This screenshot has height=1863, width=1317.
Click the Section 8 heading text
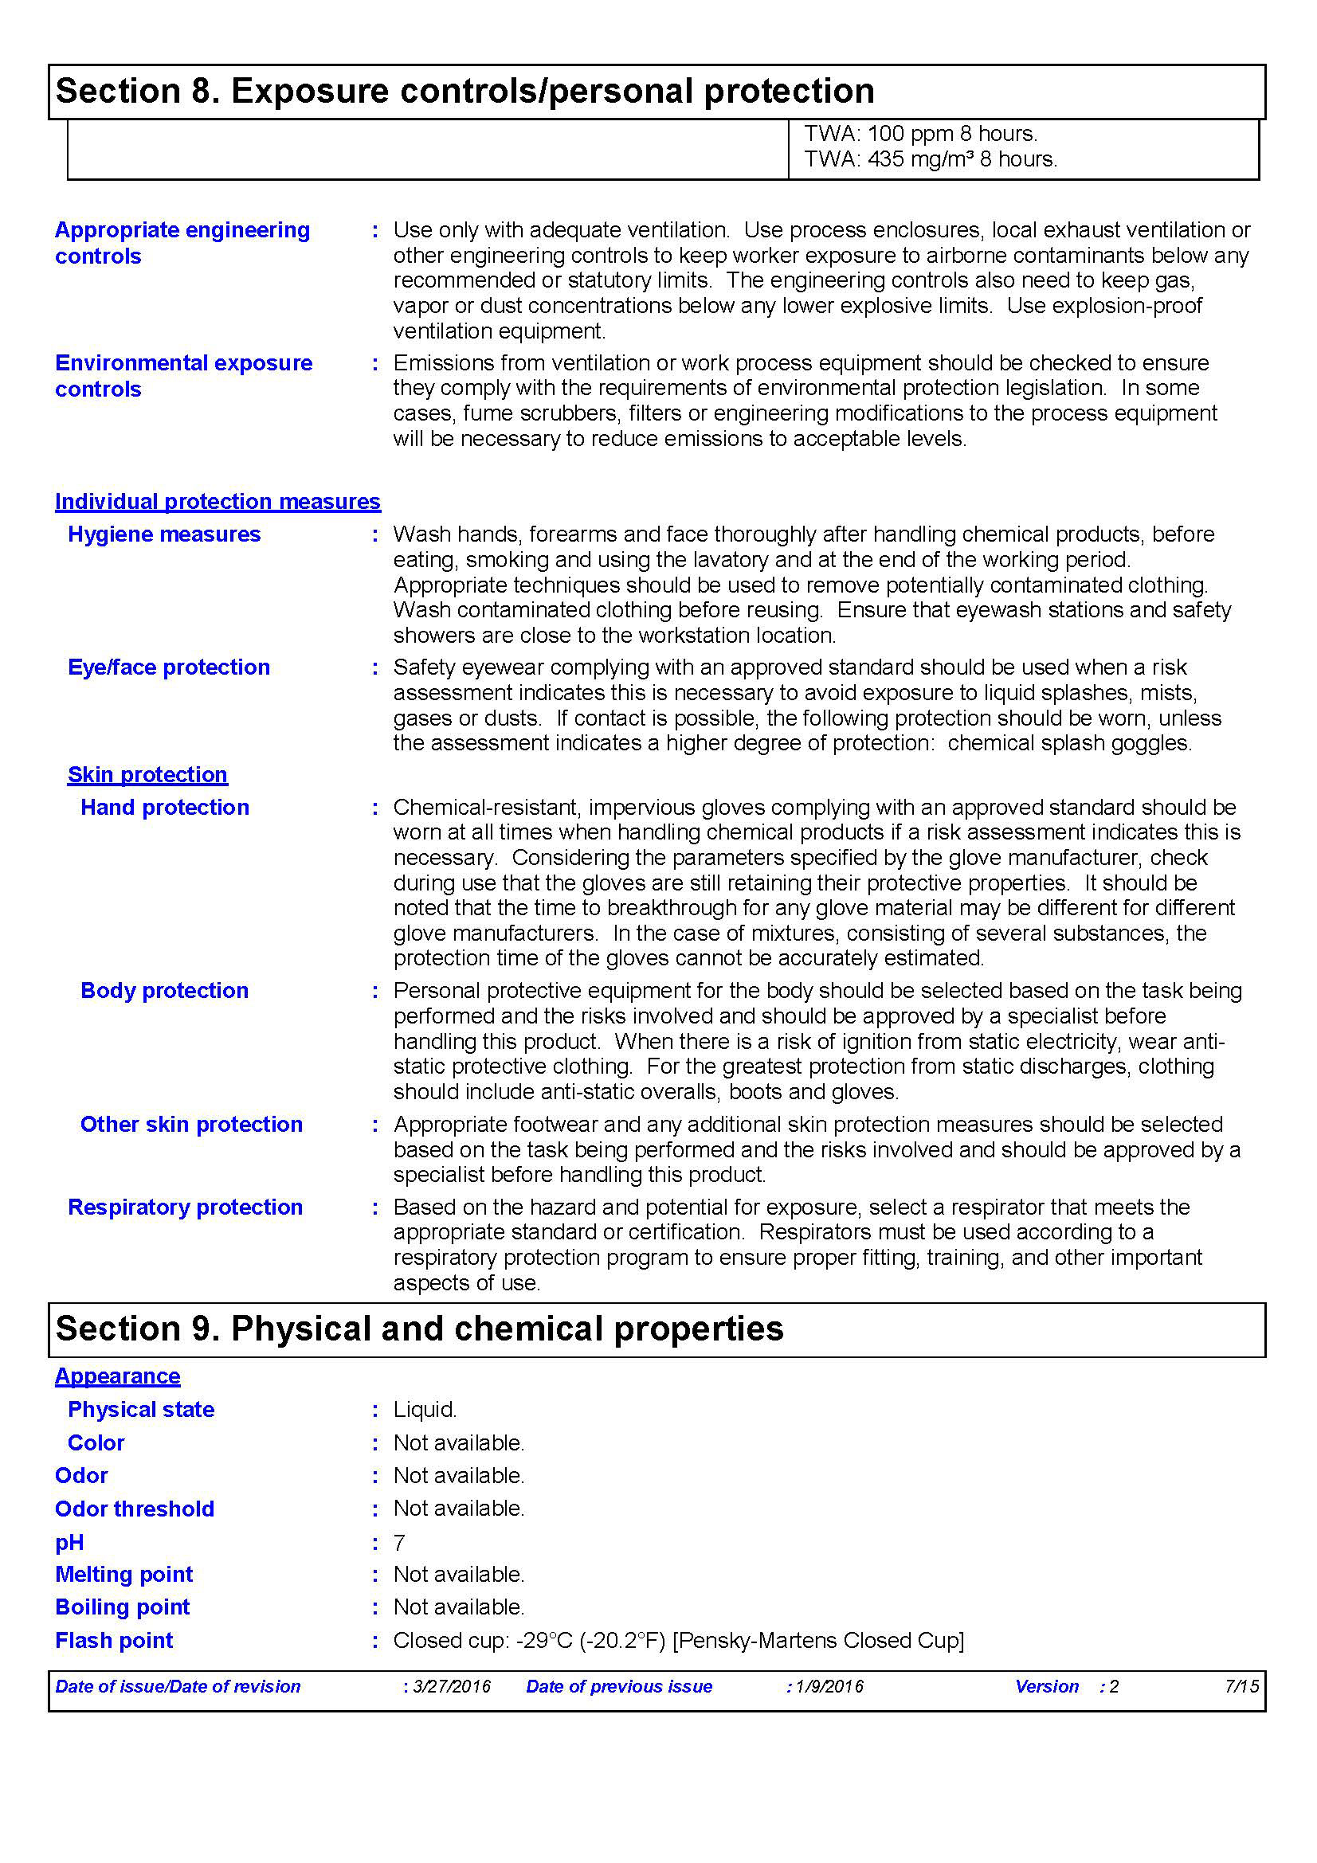464,91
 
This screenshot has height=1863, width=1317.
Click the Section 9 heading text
419,1329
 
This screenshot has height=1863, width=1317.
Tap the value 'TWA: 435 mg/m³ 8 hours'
930,159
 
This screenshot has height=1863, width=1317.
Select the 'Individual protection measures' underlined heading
218,502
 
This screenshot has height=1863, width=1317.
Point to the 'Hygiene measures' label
164,534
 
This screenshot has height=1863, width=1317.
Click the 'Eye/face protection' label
169,667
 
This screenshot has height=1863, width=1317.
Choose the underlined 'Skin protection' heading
147,775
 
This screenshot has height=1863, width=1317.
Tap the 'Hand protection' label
165,808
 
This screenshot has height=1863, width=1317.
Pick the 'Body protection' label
165,991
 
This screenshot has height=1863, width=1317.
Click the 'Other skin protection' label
191,1125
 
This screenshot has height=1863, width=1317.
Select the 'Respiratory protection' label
185,1207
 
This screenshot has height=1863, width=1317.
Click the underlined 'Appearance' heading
118,1376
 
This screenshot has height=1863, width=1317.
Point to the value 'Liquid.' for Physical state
425,1410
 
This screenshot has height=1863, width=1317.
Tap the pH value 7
399,1543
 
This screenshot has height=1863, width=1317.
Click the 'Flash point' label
114,1641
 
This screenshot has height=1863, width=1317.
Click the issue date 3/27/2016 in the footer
451,1686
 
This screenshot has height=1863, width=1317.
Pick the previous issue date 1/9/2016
829,1686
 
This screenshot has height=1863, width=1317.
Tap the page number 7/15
1241,1686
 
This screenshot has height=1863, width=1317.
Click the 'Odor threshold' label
135,1509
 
